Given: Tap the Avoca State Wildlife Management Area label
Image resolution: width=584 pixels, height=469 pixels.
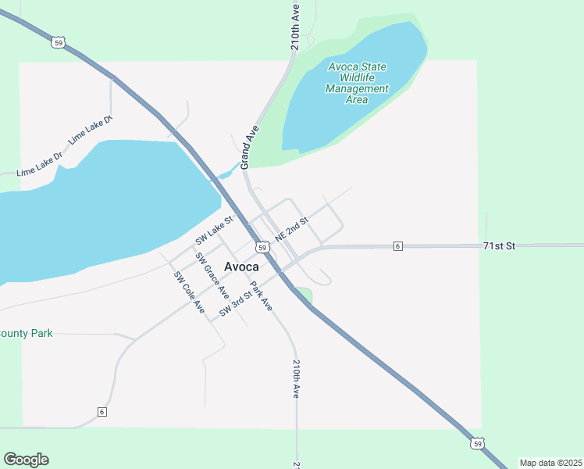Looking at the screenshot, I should coord(357,83).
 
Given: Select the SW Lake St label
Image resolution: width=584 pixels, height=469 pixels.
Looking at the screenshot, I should coord(215,228).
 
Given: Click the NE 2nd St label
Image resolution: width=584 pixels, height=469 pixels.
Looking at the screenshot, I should coord(292,230).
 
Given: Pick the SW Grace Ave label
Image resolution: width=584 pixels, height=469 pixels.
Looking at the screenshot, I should coord(212,276).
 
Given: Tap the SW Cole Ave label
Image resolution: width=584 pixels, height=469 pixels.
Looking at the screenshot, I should coord(188,293).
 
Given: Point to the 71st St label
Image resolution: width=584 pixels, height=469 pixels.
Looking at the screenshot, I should coord(500,245).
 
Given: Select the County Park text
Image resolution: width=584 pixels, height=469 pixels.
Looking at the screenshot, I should coord(27,333).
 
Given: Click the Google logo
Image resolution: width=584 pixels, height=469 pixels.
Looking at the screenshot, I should coord(26,460).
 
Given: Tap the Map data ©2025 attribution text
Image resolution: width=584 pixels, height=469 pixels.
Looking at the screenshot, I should coord(550,463).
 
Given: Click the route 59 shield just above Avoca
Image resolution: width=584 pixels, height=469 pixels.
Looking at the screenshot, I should coord(262,247).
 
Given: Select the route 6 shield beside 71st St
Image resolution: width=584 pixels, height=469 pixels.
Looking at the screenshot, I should coord(397,246).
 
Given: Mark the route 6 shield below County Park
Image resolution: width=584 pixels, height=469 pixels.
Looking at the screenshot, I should coord(101,411).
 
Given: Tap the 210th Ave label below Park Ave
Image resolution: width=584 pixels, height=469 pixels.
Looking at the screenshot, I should coord(296,379).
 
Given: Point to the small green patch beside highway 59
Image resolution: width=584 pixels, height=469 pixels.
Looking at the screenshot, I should coord(304,295).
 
